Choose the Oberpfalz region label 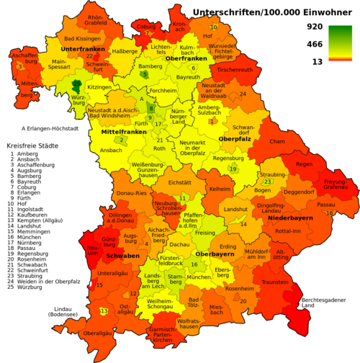pos(233,138)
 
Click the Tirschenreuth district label pos(235,70)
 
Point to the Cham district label pos(277,142)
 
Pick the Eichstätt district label pos(179,183)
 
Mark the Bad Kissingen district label pos(81,38)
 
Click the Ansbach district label pos(111,151)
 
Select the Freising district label pos(204,233)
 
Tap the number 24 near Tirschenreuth pos(243,94)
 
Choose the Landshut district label pos(235,209)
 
